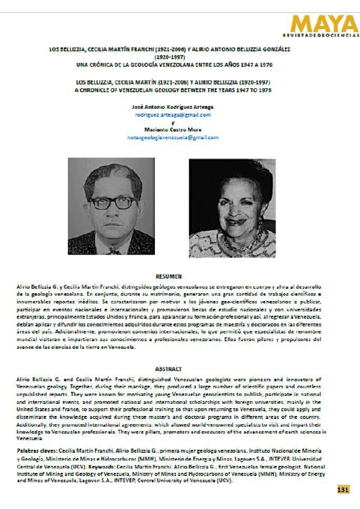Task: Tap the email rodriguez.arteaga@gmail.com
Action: pos(172,115)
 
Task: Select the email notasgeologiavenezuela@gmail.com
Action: pos(172,137)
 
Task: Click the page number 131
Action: pos(343,489)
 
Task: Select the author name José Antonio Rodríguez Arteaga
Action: pos(172,107)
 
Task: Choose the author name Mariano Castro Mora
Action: pos(172,130)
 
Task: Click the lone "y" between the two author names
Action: pos(172,122)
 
